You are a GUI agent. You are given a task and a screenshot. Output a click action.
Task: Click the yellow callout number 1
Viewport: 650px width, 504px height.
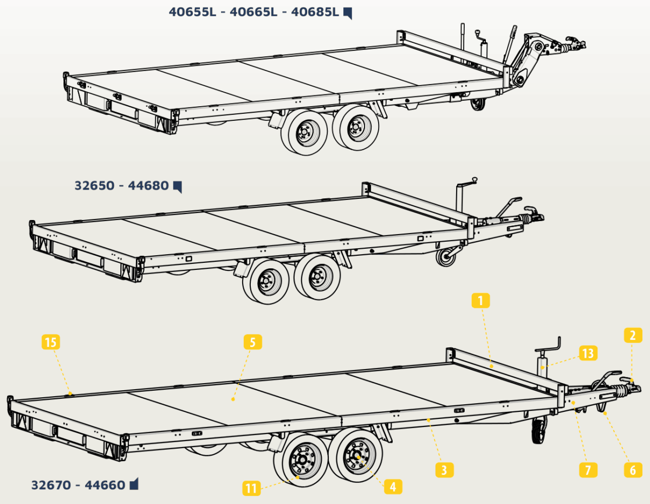(480, 300)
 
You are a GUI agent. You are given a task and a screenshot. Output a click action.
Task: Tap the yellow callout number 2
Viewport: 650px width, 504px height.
(633, 335)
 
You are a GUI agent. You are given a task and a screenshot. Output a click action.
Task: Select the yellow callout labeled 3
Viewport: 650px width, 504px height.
(445, 470)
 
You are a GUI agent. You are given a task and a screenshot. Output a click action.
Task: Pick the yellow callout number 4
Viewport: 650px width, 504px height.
(393, 487)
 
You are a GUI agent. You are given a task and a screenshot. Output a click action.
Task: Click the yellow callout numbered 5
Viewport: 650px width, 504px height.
(253, 342)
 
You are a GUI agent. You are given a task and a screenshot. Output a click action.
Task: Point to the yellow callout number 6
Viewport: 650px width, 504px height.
(633, 470)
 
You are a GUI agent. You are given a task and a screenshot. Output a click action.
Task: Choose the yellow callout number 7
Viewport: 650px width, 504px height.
(588, 470)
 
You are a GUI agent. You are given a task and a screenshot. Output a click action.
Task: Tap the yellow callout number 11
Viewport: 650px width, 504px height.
(251, 488)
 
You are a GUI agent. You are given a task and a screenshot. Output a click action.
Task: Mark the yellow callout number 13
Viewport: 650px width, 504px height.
(588, 353)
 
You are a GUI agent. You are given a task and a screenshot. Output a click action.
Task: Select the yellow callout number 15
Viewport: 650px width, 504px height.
(50, 342)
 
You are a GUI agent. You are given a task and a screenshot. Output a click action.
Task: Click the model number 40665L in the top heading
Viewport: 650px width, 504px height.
(253, 12)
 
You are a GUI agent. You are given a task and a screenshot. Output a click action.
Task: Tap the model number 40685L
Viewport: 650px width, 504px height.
(315, 12)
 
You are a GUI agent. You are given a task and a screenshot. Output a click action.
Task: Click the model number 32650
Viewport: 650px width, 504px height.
(95, 185)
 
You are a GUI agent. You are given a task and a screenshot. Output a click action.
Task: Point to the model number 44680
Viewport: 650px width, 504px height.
(148, 185)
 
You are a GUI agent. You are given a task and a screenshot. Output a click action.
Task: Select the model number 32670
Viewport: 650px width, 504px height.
(51, 485)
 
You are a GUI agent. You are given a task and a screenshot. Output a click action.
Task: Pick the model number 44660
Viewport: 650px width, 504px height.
(105, 485)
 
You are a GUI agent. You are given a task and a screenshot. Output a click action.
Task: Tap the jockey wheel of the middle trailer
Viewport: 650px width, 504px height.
(446, 257)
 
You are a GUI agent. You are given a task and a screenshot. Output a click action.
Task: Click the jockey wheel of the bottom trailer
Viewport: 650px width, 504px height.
(540, 430)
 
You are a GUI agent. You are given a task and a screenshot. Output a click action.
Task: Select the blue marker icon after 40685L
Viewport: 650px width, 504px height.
(348, 13)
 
